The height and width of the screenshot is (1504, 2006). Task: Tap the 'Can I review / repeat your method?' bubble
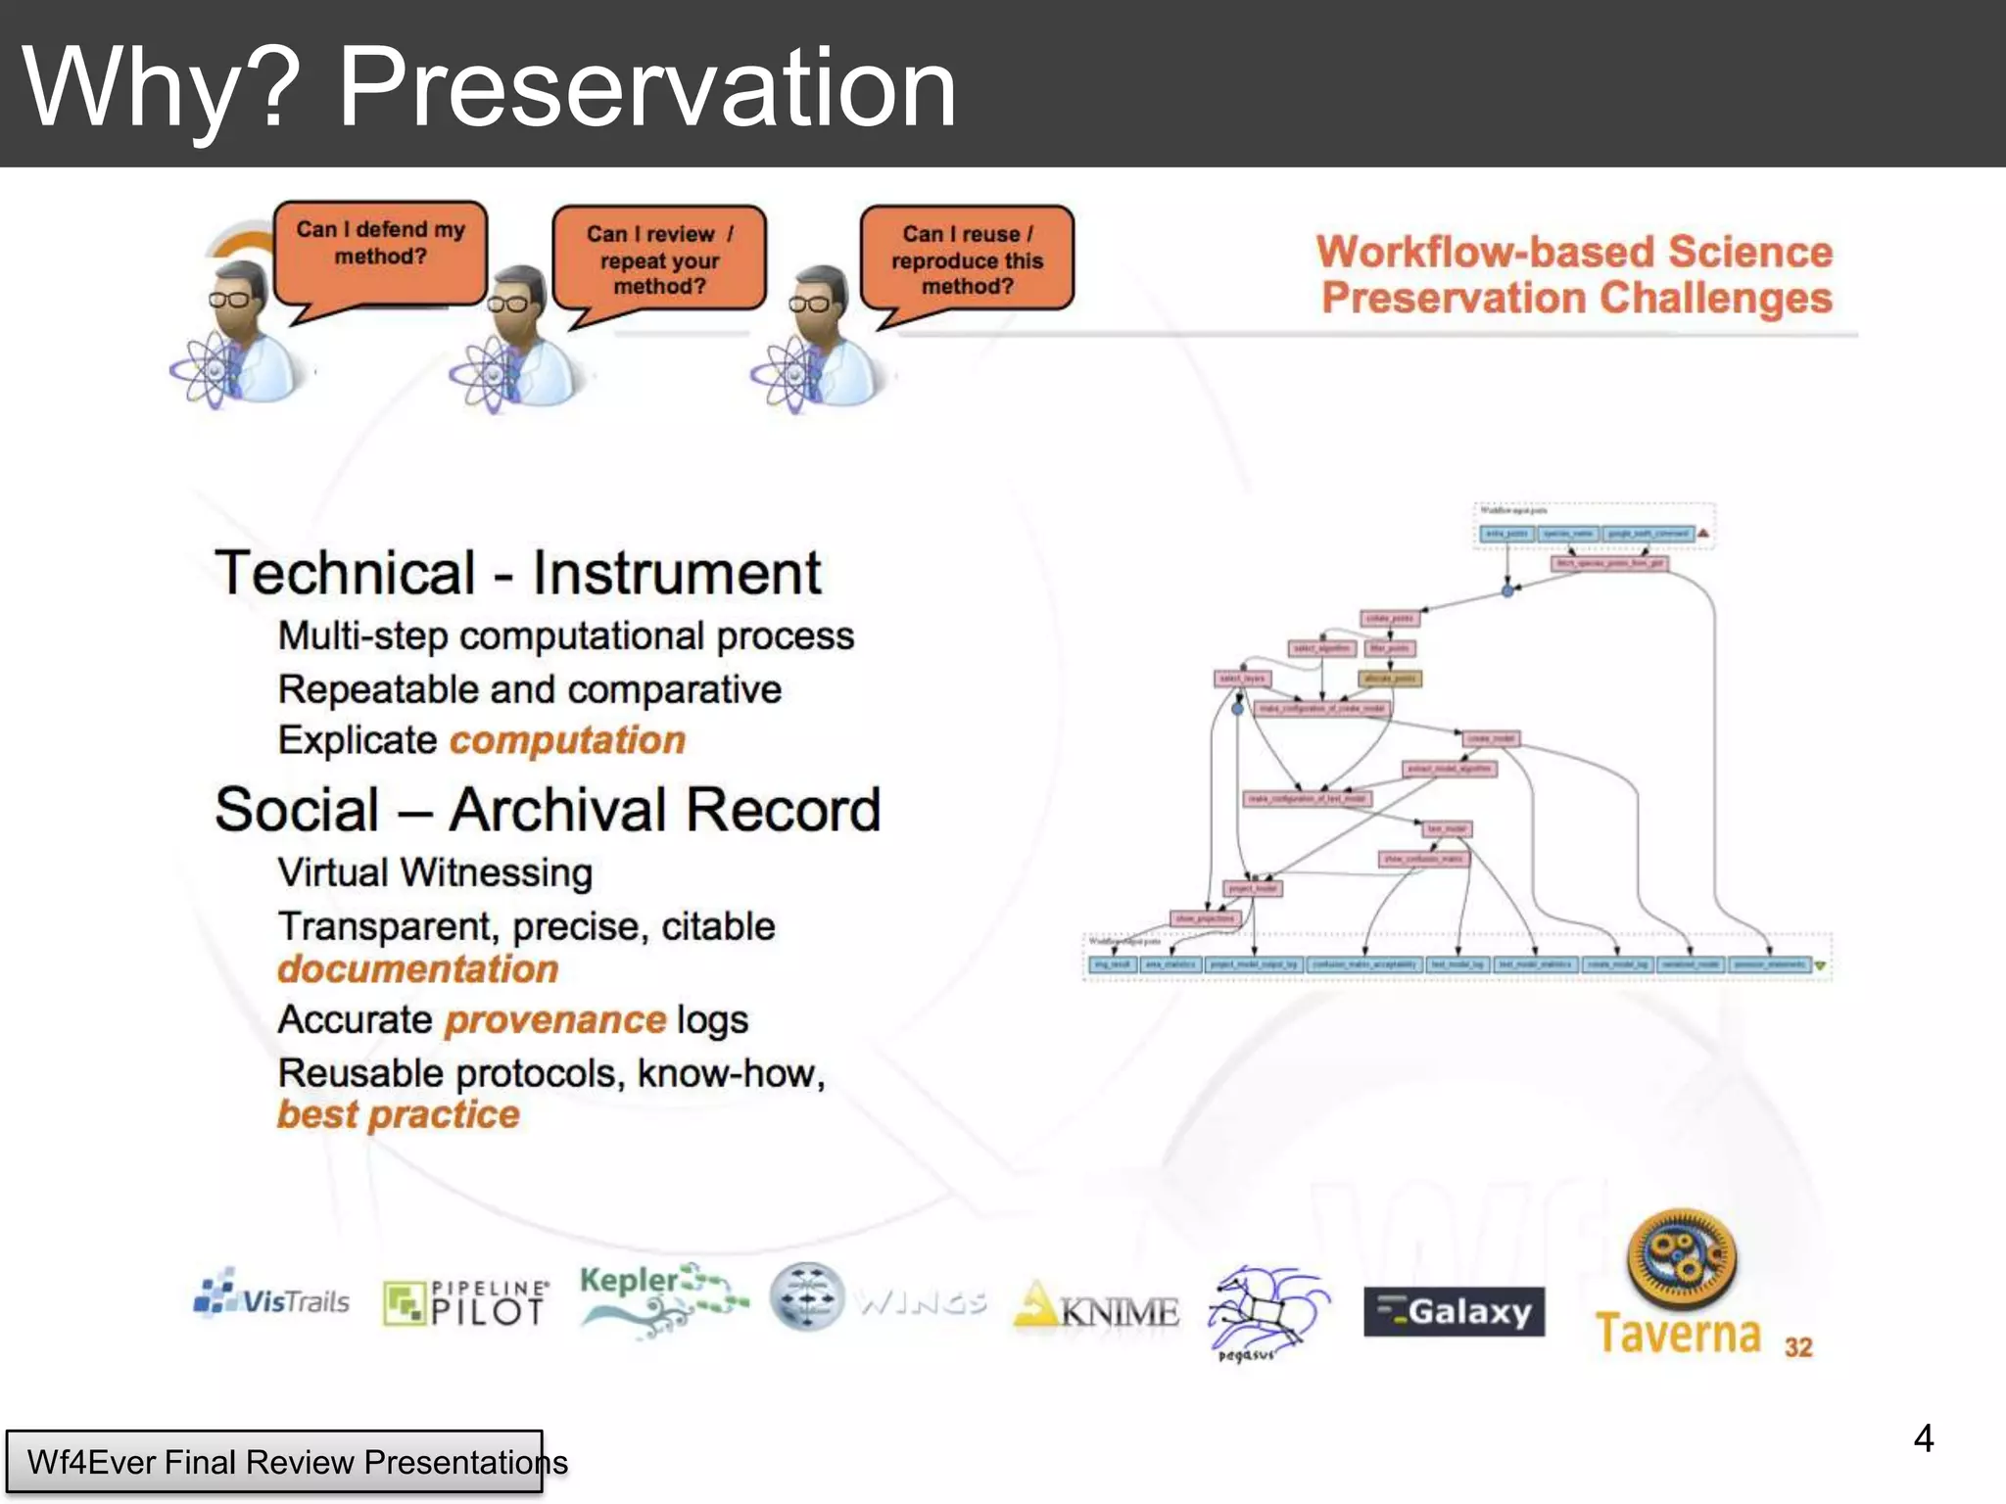click(x=659, y=258)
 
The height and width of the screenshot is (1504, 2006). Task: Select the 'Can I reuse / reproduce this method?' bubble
click(x=967, y=258)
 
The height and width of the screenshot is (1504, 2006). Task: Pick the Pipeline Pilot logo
click(x=465, y=1303)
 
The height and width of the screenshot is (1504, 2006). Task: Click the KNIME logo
click(x=1097, y=1308)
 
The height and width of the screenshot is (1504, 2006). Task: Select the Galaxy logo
click(x=1454, y=1311)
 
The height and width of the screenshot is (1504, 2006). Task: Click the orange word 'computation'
click(x=567, y=740)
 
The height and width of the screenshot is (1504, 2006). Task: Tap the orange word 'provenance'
click(x=555, y=1020)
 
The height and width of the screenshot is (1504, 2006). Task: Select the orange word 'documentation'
click(x=418, y=969)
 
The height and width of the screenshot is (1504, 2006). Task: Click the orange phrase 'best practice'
click(x=399, y=1114)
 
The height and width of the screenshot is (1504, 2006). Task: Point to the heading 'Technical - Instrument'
click(x=518, y=573)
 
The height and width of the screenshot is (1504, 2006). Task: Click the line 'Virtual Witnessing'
click(x=435, y=872)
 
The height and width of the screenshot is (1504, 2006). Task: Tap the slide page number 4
click(x=1923, y=1438)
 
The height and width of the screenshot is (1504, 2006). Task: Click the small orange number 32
click(x=1798, y=1347)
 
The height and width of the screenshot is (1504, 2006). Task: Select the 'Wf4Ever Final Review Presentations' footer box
click(x=275, y=1462)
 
